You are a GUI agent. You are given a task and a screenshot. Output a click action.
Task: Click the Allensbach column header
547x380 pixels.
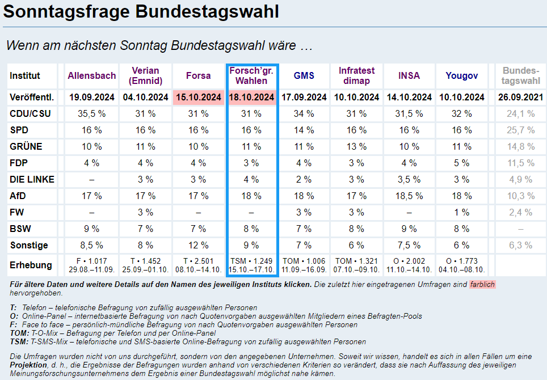(x=92, y=75)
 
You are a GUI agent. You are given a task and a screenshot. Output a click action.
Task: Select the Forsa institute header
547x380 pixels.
(x=198, y=75)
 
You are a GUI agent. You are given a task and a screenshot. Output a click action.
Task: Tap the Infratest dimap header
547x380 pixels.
(x=357, y=75)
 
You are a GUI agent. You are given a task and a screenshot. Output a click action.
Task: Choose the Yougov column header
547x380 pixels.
(x=462, y=75)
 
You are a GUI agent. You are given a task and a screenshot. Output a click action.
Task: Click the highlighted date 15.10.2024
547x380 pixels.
(x=198, y=97)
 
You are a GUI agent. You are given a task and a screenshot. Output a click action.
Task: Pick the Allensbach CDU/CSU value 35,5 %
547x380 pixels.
(x=92, y=113)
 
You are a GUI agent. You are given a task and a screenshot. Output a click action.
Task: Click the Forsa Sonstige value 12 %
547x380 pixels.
(x=198, y=245)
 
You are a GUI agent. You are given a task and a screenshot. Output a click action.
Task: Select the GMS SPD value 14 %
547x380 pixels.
(x=304, y=130)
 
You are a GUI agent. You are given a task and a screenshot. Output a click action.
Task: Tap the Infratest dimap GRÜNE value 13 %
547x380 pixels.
(x=356, y=146)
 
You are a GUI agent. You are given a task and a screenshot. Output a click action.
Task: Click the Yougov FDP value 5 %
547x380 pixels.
(x=462, y=163)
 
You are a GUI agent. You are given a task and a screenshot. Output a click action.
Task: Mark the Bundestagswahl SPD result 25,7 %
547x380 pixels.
(x=521, y=130)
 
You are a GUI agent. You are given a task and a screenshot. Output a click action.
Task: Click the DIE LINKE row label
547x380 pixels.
(x=32, y=179)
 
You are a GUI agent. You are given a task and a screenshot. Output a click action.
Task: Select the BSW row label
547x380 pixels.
(x=20, y=229)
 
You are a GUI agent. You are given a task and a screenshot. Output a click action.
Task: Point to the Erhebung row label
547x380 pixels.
(x=31, y=265)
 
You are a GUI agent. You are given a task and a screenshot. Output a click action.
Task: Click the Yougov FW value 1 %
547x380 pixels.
(x=462, y=212)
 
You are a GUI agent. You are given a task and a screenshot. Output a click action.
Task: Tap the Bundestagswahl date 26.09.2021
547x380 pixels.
(x=521, y=97)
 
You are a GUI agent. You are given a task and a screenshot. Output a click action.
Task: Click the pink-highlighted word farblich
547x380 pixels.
(x=482, y=284)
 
